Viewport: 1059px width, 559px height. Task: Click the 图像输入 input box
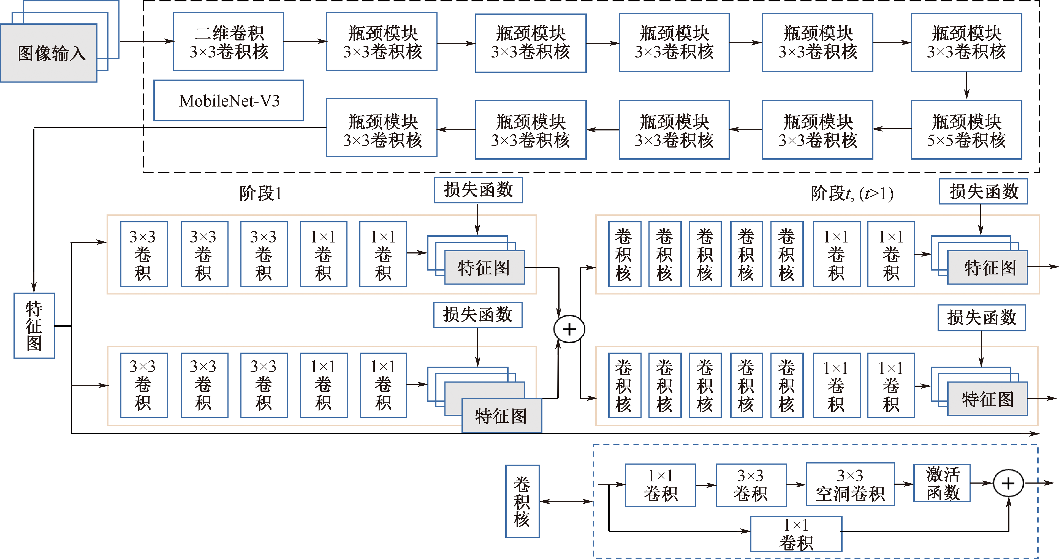click(48, 53)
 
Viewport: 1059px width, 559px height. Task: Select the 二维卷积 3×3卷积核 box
click(229, 42)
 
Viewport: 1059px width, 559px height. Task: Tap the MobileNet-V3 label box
click(229, 101)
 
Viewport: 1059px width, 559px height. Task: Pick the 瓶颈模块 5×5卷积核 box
click(966, 130)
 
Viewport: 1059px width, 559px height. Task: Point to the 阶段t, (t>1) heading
click(852, 193)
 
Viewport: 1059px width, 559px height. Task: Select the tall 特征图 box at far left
click(34, 326)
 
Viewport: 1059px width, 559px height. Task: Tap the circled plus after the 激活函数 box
click(1008, 483)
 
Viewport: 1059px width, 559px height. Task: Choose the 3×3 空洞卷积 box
click(850, 484)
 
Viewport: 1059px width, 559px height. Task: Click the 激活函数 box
click(942, 483)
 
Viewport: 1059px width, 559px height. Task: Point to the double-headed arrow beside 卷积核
click(566, 501)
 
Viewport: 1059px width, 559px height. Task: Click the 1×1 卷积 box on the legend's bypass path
click(796, 534)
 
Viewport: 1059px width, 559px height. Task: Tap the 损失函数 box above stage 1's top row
click(478, 190)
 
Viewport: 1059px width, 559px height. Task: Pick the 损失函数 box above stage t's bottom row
click(981, 318)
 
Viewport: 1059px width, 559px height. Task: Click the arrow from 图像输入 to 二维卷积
click(146, 41)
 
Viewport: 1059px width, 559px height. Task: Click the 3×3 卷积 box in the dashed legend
click(751, 485)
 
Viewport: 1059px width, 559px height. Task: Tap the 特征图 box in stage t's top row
click(987, 268)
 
